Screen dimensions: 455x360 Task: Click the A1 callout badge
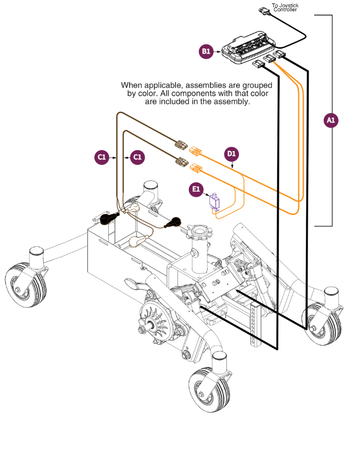[x=331, y=120]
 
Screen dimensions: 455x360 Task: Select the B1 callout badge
[x=206, y=51]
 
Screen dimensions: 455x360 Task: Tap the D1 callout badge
[x=232, y=154]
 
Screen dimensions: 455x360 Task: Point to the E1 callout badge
[x=196, y=188]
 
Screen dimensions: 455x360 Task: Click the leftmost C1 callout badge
[x=101, y=157]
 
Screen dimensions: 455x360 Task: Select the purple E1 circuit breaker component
[x=215, y=202]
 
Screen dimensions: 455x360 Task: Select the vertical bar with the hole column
[x=253, y=325]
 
